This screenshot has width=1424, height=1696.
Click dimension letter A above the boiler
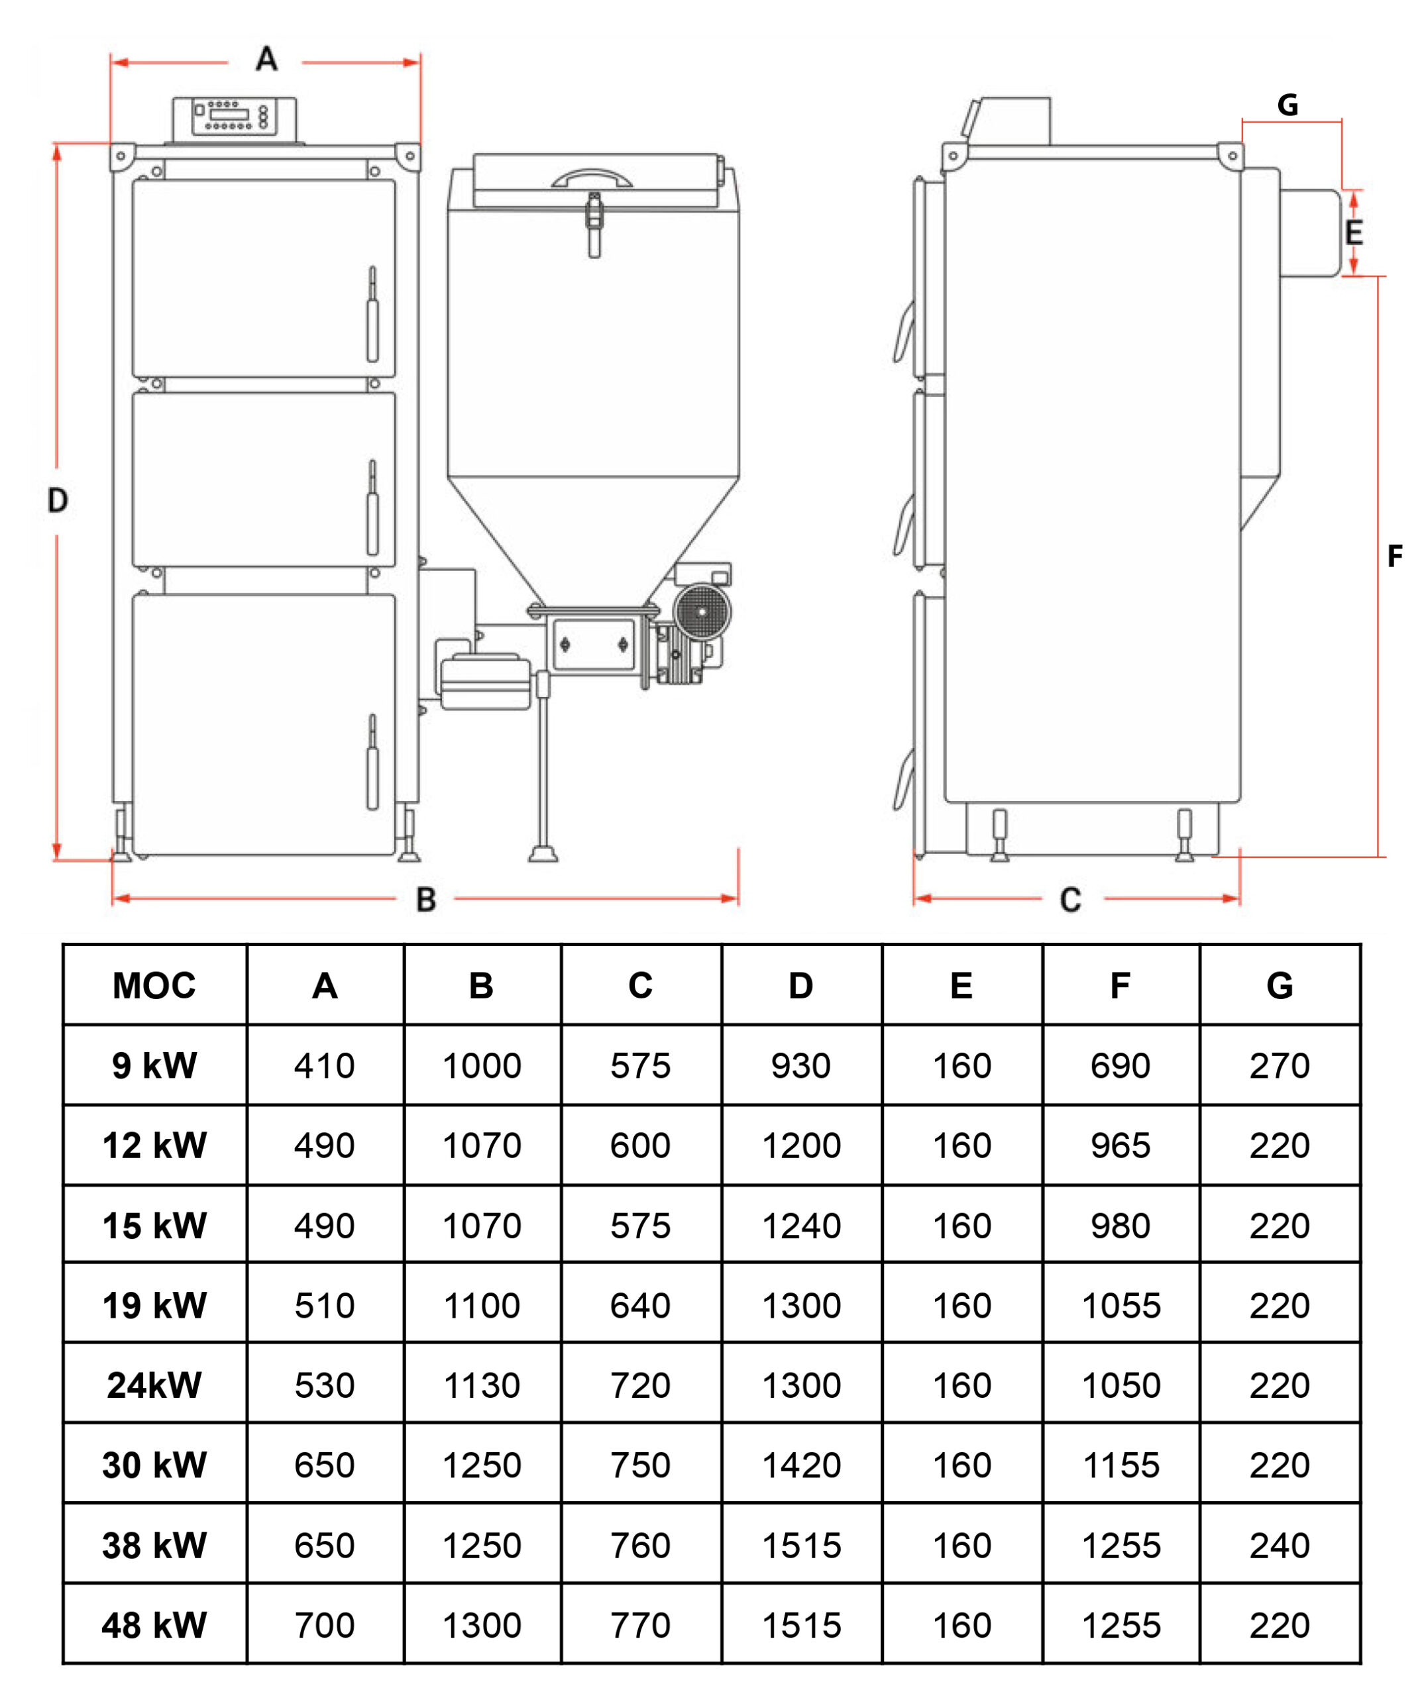(266, 59)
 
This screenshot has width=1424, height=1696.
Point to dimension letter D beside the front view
(58, 501)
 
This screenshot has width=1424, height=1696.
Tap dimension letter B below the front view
(425, 900)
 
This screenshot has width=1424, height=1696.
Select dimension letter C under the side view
(1070, 900)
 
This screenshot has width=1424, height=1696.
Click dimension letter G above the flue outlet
(1287, 105)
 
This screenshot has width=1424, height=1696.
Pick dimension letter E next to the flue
(1354, 233)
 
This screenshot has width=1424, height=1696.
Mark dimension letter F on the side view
(1394, 556)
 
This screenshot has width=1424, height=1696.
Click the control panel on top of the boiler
(233, 118)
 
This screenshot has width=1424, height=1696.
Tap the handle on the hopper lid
(591, 178)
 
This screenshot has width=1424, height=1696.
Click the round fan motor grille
(702, 611)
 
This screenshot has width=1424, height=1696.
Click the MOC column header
(154, 985)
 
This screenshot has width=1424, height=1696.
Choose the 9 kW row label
(154, 1066)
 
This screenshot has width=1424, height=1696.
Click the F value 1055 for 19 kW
(1121, 1306)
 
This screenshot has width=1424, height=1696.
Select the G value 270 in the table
(1280, 1066)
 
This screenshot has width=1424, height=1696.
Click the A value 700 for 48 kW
(325, 1626)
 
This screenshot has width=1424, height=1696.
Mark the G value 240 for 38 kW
(1280, 1546)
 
